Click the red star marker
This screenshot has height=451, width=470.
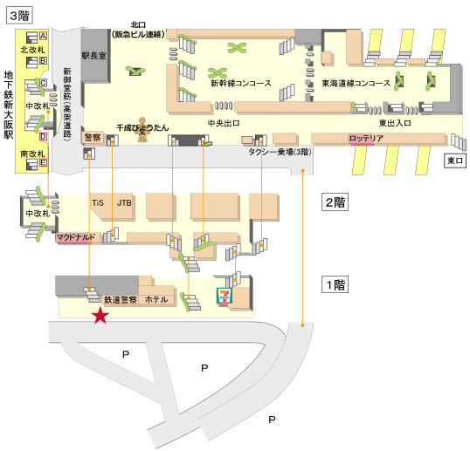pyautogui.click(x=100, y=316)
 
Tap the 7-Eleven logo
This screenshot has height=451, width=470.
pyautogui.click(x=225, y=297)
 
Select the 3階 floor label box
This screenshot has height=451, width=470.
pyautogui.click(x=19, y=16)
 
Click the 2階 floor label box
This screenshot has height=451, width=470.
pyautogui.click(x=335, y=202)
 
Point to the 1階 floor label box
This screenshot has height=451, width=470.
pyautogui.click(x=335, y=284)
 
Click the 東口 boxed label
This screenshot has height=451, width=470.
pyautogui.click(x=455, y=161)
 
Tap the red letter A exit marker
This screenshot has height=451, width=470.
pyautogui.click(x=43, y=36)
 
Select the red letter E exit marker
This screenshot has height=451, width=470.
pyautogui.click(x=44, y=162)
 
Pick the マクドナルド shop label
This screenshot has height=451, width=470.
pyautogui.click(x=75, y=237)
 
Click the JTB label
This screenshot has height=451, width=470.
pyautogui.click(x=124, y=203)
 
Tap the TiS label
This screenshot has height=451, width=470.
pyautogui.click(x=98, y=203)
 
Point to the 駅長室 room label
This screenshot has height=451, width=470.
pyautogui.click(x=93, y=56)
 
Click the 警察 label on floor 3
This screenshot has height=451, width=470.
pyautogui.click(x=93, y=137)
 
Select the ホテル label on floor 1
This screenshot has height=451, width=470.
pyautogui.click(x=156, y=299)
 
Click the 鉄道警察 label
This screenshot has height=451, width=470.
pyautogui.click(x=121, y=299)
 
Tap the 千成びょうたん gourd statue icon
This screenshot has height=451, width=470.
pyautogui.click(x=142, y=130)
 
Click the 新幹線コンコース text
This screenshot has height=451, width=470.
pyautogui.click(x=241, y=83)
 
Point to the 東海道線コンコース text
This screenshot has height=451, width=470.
pyautogui.click(x=356, y=83)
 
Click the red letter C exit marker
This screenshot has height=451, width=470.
pyautogui.click(x=44, y=83)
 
